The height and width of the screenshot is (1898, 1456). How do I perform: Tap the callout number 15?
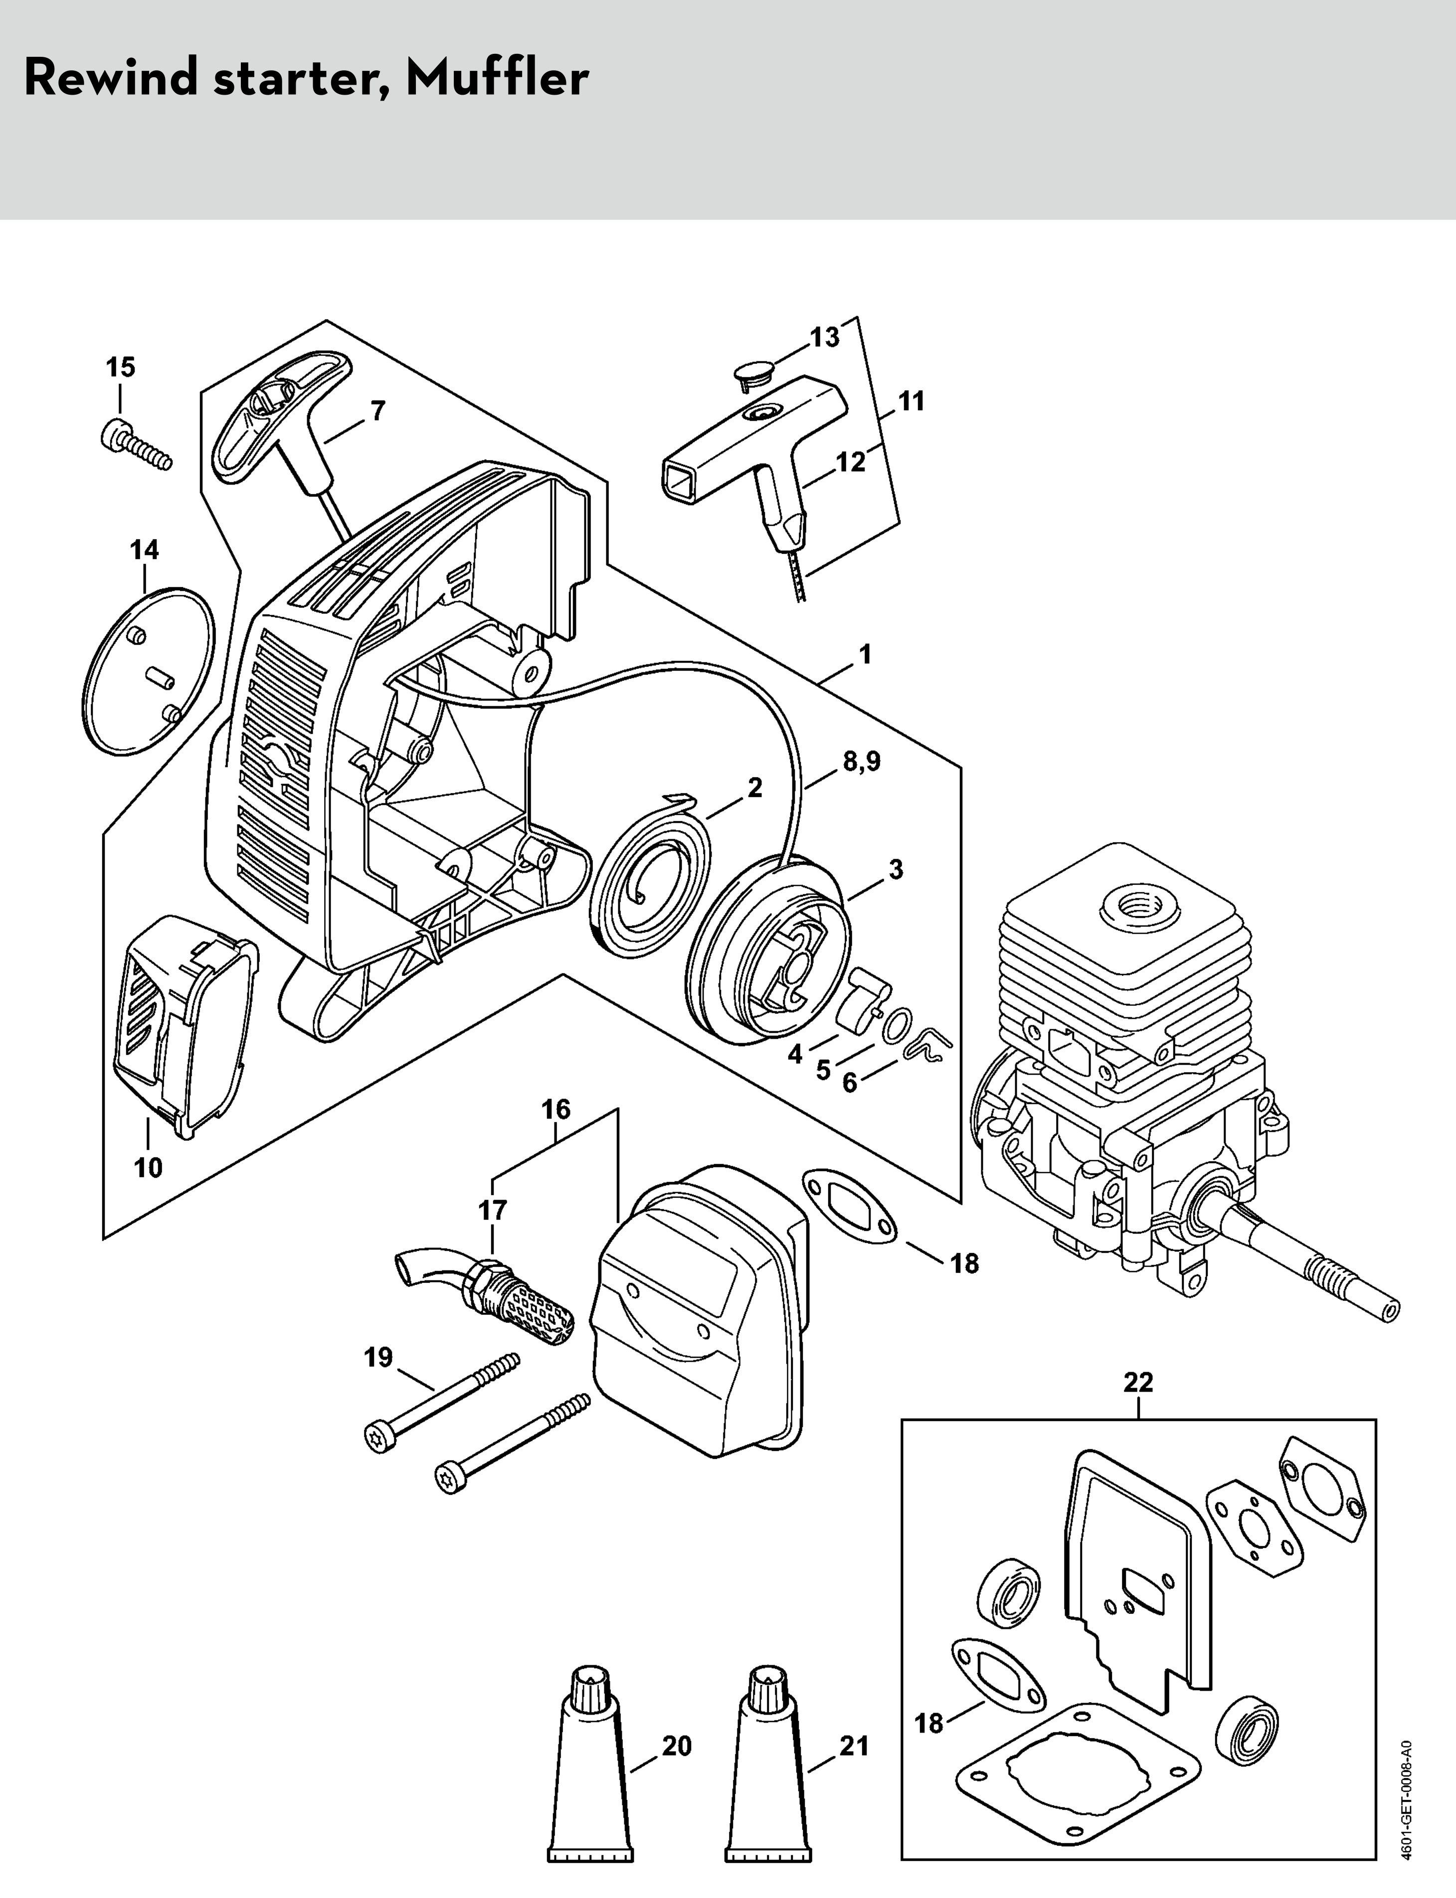pyautogui.click(x=121, y=367)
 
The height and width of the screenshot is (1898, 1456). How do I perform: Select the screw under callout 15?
pyautogui.click(x=139, y=445)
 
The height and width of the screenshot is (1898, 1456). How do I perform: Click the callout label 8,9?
pyautogui.click(x=861, y=762)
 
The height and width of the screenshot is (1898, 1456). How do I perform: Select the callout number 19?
pyautogui.click(x=379, y=1357)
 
